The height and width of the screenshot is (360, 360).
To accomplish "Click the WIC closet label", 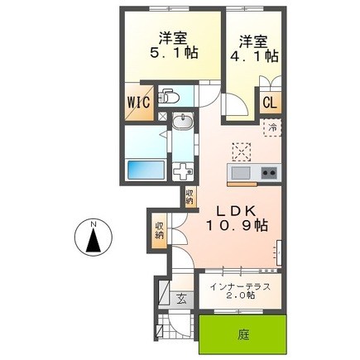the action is click(139, 102).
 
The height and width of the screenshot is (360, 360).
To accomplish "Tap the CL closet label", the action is click(270, 103).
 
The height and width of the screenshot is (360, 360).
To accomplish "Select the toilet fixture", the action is click(168, 96).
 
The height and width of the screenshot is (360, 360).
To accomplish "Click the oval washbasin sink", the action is click(183, 121).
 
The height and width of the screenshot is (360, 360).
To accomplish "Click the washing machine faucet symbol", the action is click(183, 171).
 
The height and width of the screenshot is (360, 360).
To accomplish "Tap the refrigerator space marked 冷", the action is click(272, 127).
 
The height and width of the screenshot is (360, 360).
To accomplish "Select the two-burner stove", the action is click(269, 173).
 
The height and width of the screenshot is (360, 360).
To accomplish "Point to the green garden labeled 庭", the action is click(242, 334).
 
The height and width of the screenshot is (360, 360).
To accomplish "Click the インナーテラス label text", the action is click(240, 287).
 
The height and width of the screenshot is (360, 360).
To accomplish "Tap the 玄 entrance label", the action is click(181, 299).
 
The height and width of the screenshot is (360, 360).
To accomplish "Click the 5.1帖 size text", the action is click(174, 52).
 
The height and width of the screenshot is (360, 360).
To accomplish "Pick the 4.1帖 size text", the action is click(254, 56).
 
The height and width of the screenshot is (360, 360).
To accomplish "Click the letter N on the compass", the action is click(94, 223).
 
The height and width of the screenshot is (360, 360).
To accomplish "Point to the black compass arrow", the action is click(94, 241).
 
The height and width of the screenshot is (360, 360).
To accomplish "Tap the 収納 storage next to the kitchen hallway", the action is click(190, 196).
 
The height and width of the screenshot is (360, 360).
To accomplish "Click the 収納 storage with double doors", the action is click(159, 231).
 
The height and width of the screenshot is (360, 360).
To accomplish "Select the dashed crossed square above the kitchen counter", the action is click(242, 151).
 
